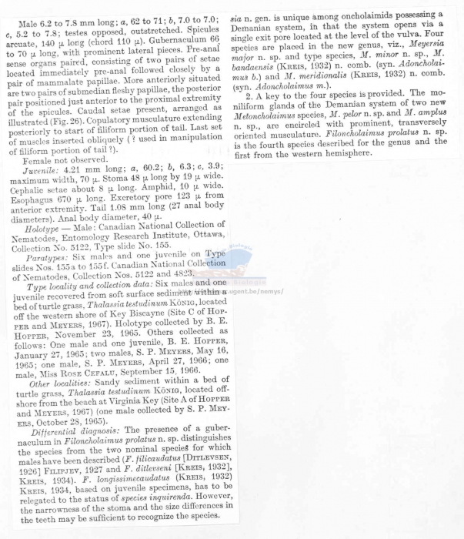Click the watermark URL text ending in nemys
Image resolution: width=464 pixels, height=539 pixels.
(254, 292)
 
